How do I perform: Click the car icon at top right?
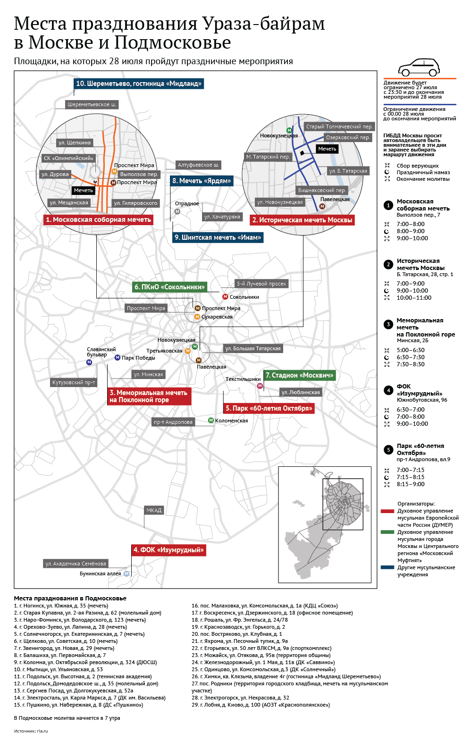click(x=419, y=67)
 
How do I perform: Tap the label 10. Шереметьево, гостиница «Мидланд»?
click(x=139, y=84)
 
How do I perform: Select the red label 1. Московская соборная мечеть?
click(x=98, y=219)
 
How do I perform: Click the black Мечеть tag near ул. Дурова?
click(x=84, y=190)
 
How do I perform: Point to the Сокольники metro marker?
click(x=225, y=297)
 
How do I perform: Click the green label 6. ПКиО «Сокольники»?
click(x=169, y=287)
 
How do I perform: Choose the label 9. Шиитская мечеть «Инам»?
click(x=218, y=237)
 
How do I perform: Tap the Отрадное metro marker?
click(x=177, y=211)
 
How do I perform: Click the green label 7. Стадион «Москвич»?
click(x=300, y=375)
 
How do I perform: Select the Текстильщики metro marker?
click(x=260, y=386)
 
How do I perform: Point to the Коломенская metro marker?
click(x=210, y=421)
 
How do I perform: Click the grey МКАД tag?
click(x=154, y=510)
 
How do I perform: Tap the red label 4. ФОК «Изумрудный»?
click(x=168, y=550)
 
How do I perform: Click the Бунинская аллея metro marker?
click(x=126, y=573)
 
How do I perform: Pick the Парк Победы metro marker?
click(x=117, y=358)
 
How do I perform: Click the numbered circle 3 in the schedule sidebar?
click(x=388, y=324)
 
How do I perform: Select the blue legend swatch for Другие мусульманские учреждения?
click(x=387, y=567)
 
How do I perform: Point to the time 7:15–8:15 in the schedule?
click(x=411, y=477)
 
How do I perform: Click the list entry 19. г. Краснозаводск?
click(x=238, y=627)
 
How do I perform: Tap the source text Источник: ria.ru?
click(x=31, y=731)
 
